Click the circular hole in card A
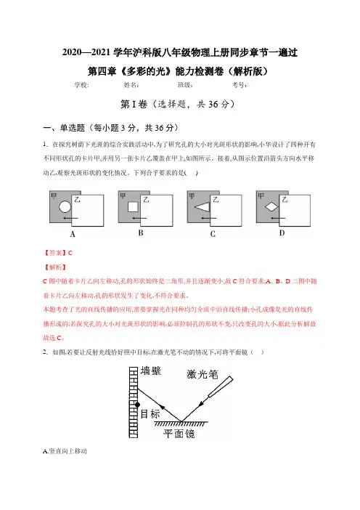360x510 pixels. click(x=65, y=207)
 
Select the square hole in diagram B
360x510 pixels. click(x=133, y=207)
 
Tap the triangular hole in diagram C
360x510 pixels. click(x=202, y=206)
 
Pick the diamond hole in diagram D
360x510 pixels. click(x=271, y=206)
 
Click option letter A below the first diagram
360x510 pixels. click(x=73, y=234)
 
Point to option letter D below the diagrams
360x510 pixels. click(x=282, y=233)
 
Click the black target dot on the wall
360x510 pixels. click(x=137, y=405)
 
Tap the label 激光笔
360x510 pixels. click(x=202, y=374)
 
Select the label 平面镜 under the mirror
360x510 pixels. click(x=179, y=434)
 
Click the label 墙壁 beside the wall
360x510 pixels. click(x=151, y=371)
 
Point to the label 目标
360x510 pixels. click(x=150, y=414)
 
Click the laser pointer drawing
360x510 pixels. click(x=221, y=386)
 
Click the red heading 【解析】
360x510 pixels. click(x=55, y=267)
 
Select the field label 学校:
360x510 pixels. click(x=81, y=85)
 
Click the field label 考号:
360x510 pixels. click(x=240, y=85)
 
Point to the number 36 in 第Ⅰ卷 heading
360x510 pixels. click(x=213, y=104)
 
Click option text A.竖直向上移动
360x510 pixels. click(x=65, y=451)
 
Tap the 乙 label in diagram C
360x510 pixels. click(x=216, y=199)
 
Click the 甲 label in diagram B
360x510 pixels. click(x=123, y=196)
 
